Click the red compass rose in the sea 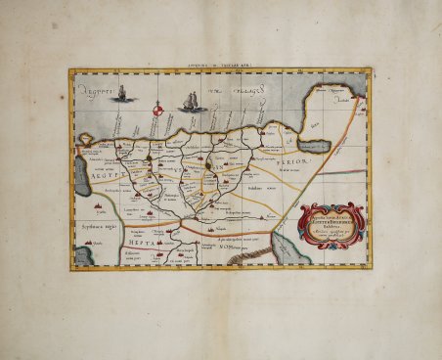click(156, 114)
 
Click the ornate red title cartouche click(334, 224)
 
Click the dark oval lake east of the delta click(314, 148)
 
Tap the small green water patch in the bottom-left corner click(83, 256)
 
